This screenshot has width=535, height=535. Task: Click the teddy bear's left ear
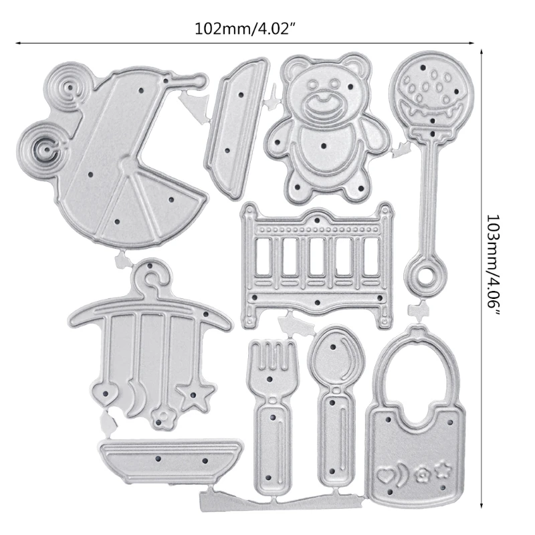coord(292,68)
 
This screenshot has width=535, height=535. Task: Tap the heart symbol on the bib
coord(385,473)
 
